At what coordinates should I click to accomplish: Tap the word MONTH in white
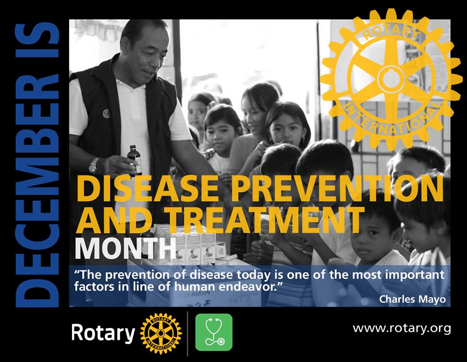126,248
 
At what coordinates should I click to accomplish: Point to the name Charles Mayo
413,299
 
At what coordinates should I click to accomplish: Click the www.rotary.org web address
402,328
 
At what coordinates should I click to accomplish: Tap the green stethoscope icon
214,332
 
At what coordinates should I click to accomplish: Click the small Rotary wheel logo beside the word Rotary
161,333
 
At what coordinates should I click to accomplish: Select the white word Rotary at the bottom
103,333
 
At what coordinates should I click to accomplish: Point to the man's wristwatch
93,165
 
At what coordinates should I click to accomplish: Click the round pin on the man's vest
106,113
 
